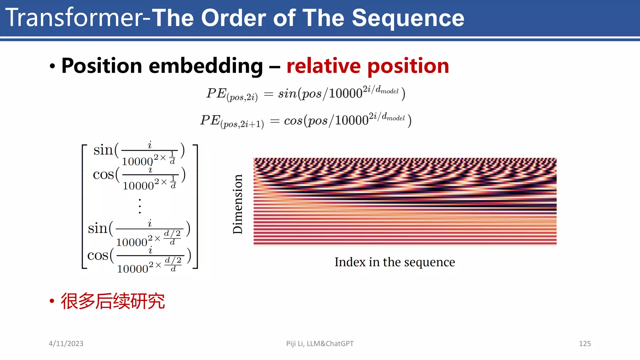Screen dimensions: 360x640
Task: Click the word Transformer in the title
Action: (74, 18)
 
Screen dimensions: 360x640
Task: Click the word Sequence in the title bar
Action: (408, 18)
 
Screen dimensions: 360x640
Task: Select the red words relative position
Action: (367, 66)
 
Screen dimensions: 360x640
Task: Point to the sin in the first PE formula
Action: (287, 93)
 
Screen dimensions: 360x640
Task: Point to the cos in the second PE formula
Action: (293, 121)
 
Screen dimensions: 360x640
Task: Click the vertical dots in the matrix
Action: (140, 206)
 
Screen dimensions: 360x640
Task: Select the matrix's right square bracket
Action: (196, 207)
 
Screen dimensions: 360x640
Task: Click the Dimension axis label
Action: (238, 204)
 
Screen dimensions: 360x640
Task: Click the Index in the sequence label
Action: (395, 262)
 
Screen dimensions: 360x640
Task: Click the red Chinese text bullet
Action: (112, 301)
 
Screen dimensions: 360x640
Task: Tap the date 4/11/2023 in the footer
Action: (66, 343)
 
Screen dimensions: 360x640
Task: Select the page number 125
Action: (585, 343)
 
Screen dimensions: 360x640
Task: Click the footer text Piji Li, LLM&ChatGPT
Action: (320, 343)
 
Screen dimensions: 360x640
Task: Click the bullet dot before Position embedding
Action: (52, 66)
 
